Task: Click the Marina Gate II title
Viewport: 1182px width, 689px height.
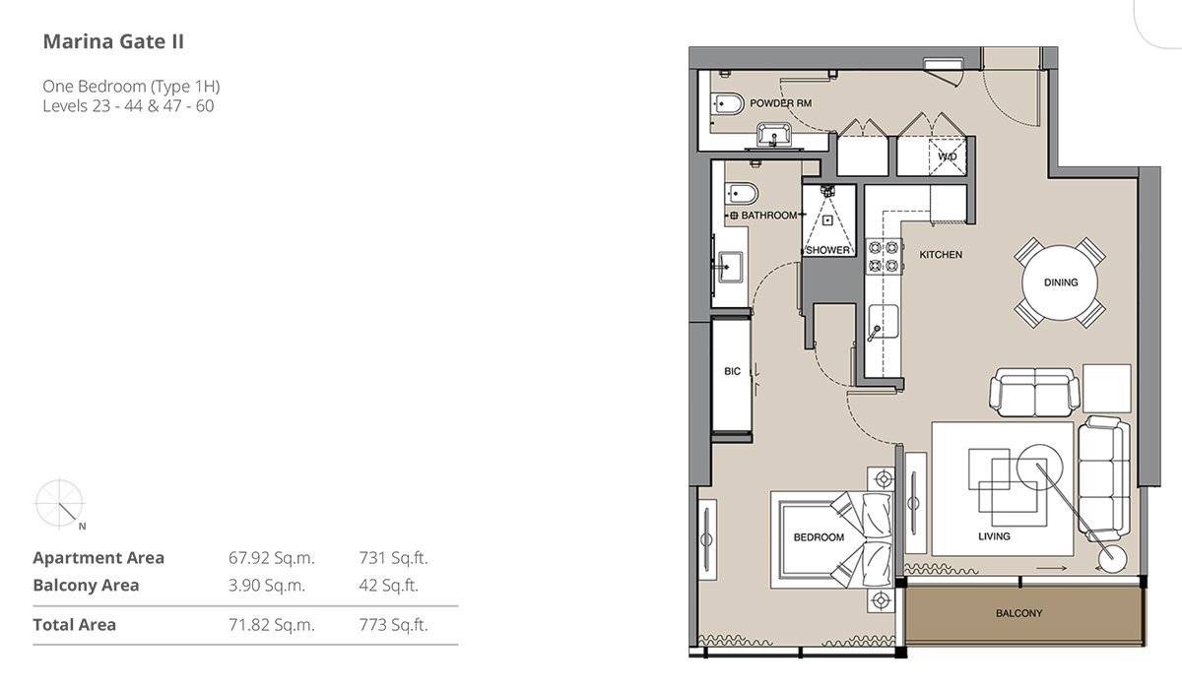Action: [113, 41]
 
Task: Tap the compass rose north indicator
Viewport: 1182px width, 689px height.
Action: [60, 504]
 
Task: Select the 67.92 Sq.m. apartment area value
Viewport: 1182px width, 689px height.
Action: [271, 558]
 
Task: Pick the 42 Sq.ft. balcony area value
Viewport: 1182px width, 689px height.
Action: [388, 585]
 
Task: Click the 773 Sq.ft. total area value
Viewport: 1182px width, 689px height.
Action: [393, 625]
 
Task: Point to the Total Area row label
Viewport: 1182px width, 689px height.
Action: [75, 625]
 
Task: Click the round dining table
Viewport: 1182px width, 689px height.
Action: [1060, 282]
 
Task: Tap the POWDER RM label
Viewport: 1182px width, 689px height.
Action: [780, 103]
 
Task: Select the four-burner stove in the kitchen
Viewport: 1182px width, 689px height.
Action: [884, 256]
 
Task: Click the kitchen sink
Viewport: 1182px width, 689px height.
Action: [884, 321]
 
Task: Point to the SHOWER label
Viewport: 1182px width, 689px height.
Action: [828, 250]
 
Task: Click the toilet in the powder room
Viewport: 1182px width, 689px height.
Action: [727, 104]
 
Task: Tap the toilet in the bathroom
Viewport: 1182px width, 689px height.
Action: [742, 194]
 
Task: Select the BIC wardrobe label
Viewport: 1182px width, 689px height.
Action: [733, 371]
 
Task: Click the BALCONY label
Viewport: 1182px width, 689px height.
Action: [1018, 613]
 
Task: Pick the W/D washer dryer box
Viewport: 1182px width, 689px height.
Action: [948, 157]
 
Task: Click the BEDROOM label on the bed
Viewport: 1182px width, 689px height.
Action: [819, 537]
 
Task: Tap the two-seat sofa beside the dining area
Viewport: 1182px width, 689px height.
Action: [1035, 392]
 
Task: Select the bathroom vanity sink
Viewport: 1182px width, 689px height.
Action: [730, 267]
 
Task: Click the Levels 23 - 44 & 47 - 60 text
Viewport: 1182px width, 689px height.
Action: [128, 106]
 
